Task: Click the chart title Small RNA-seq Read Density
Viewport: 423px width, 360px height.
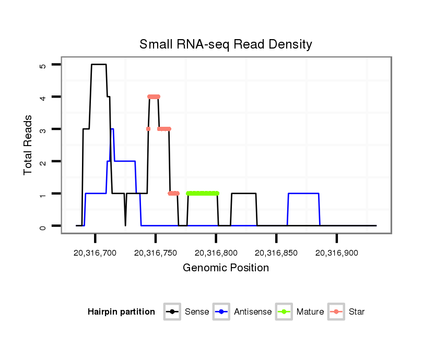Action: pos(226,44)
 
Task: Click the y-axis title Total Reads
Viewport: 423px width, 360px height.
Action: pos(29,145)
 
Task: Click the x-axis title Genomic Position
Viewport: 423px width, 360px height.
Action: pos(226,268)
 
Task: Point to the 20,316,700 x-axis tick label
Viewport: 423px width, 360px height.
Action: pos(95,253)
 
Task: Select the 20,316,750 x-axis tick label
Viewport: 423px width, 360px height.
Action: pos(156,253)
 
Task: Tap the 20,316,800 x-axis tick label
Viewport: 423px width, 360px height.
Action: pos(216,253)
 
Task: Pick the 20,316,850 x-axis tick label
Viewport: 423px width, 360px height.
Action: pos(276,253)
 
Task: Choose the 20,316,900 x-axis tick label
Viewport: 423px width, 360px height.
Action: pos(336,253)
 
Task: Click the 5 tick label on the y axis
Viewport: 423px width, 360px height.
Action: pos(43,65)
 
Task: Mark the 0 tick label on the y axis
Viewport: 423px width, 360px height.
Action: pos(43,226)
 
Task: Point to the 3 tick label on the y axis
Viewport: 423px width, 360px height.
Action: pos(43,129)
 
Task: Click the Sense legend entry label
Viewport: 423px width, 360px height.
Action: pos(197,312)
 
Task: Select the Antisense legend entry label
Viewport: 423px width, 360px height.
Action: pos(253,312)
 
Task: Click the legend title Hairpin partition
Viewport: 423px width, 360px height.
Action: pos(121,312)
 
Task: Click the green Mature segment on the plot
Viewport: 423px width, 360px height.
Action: pos(203,193)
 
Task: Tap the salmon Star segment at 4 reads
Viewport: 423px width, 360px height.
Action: pos(154,97)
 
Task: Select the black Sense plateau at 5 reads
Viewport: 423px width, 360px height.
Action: pos(99,65)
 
